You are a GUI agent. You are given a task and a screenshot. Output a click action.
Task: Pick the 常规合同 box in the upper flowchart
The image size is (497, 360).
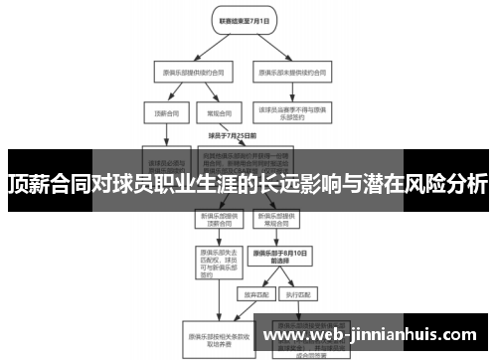[212, 112]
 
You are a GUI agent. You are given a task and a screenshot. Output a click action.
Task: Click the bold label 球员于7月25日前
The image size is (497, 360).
[232, 134]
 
